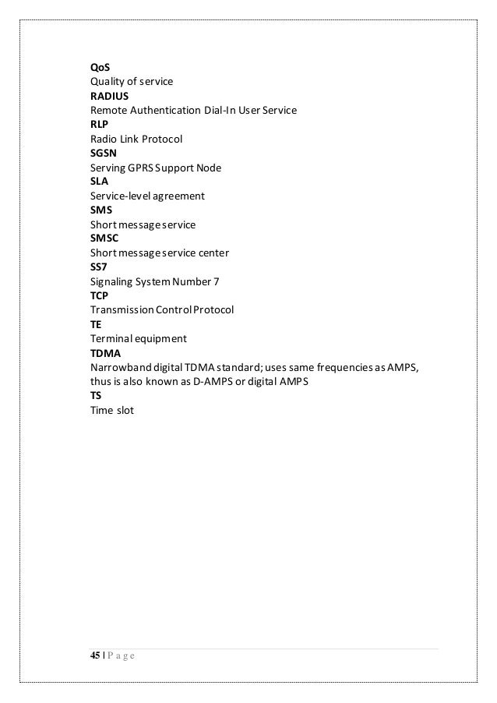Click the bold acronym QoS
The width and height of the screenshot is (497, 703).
click(100, 68)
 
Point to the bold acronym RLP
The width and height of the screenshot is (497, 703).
click(100, 125)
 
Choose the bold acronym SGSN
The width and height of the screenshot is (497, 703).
click(103, 154)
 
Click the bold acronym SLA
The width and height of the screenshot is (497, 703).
click(100, 182)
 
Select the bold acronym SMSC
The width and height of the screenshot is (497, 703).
click(104, 238)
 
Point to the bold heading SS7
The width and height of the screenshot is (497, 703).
click(99, 267)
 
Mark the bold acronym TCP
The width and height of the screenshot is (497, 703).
click(100, 296)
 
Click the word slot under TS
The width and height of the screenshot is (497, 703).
click(124, 410)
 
